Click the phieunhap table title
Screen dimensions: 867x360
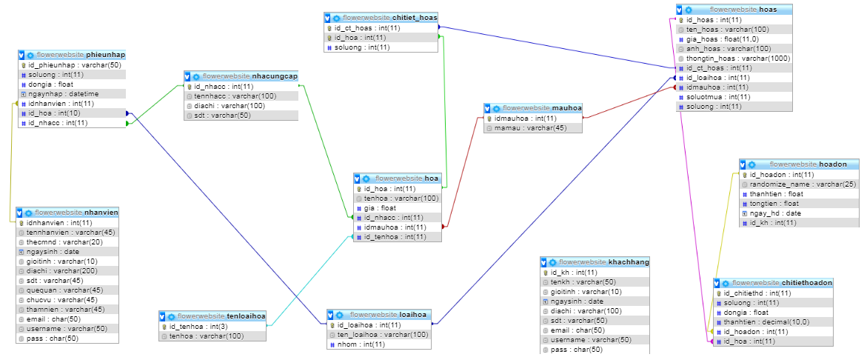click(x=81, y=56)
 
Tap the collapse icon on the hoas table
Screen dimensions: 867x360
click(x=680, y=10)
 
